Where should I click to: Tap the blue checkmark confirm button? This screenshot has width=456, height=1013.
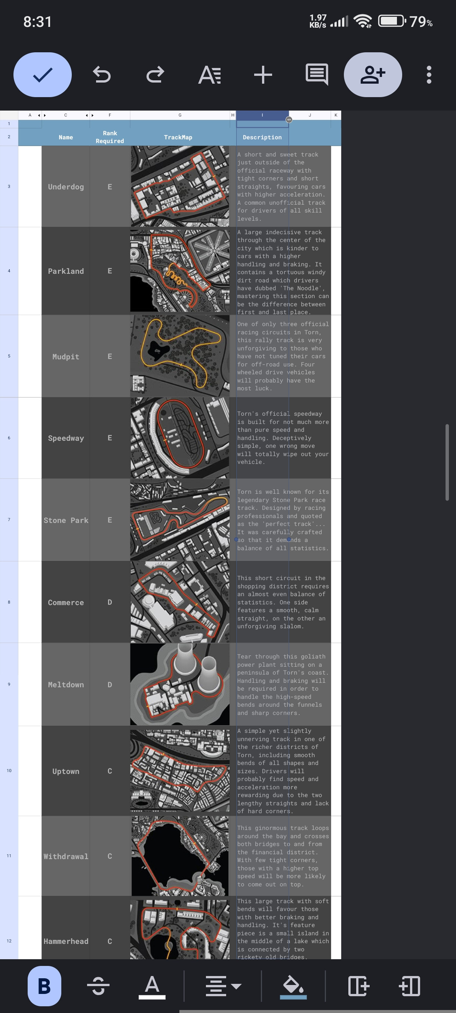point(43,75)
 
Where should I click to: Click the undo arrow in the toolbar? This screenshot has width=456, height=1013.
point(102,75)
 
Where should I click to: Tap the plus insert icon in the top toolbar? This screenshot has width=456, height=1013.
point(263,75)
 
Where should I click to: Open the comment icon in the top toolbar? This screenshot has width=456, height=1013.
point(317,75)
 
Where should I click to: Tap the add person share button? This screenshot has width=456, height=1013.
point(373,75)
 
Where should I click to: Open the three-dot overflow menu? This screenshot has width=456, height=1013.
point(429,75)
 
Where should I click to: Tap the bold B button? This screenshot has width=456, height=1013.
point(44,986)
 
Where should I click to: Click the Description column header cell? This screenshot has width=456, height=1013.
point(262,137)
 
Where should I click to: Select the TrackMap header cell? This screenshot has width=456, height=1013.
point(178,137)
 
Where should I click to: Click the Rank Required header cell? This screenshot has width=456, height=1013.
point(110,137)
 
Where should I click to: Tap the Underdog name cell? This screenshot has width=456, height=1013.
point(66,187)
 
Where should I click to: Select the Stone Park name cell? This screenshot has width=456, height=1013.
point(66,520)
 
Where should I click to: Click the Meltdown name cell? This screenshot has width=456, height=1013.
point(66,685)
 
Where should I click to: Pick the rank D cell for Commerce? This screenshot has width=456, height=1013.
point(110,602)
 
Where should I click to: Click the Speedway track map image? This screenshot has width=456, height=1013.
point(180,438)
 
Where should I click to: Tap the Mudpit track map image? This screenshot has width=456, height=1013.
point(180,356)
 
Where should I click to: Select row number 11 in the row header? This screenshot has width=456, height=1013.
point(9,856)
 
